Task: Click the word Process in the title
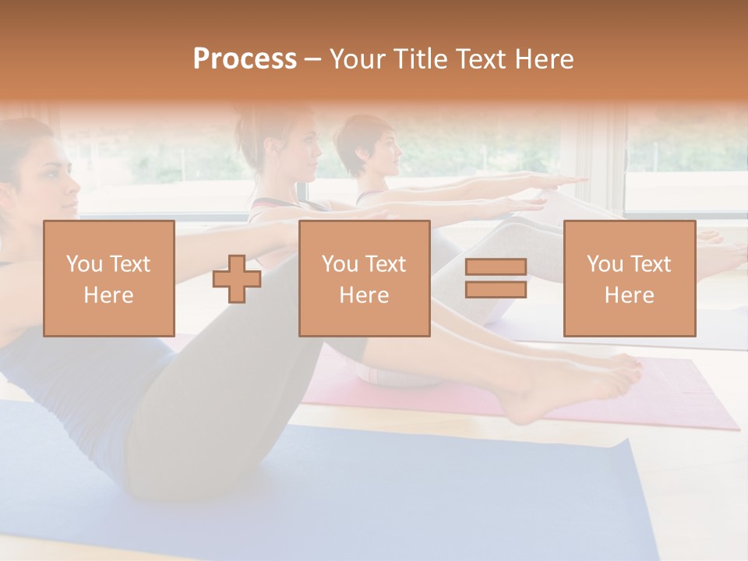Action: tap(245, 59)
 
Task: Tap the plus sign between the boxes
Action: tap(237, 279)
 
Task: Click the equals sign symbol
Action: tap(496, 278)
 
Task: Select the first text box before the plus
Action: tap(109, 278)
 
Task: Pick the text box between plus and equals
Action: tap(364, 278)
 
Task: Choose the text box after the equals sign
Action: tap(629, 278)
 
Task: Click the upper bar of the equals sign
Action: tap(496, 267)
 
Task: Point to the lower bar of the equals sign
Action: tap(496, 289)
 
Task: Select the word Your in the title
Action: tap(355, 59)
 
